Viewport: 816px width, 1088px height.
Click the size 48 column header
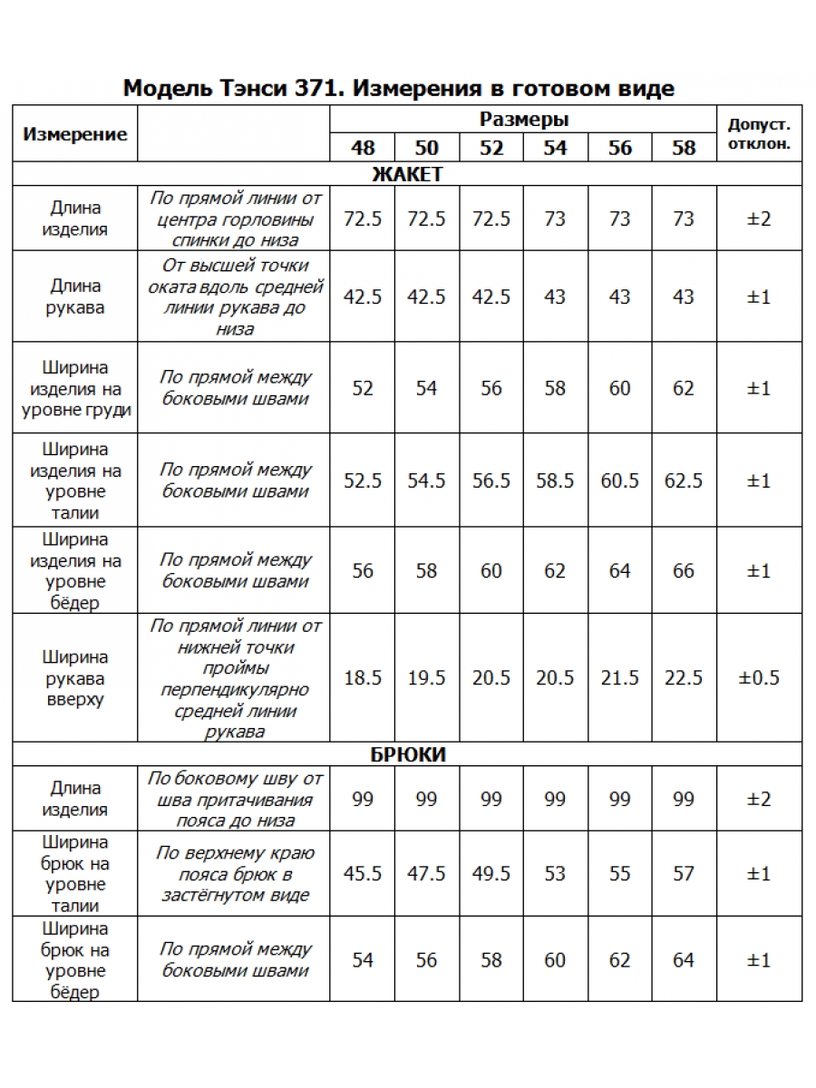[363, 148]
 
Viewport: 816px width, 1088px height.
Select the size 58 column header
[684, 148]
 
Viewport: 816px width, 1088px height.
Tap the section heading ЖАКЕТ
[407, 174]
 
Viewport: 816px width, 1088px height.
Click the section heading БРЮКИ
[407, 754]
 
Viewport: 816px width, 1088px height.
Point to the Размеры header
[524, 120]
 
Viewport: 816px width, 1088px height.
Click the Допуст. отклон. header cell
[759, 133]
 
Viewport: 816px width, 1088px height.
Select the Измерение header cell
[75, 134]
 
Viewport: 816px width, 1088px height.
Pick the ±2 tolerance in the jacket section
[759, 219]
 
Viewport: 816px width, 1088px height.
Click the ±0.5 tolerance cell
[759, 678]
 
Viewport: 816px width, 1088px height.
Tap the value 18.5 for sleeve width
[363, 678]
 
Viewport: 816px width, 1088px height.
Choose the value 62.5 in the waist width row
[684, 481]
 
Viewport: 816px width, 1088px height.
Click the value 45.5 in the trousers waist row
[363, 874]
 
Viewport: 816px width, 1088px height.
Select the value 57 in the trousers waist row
[684, 874]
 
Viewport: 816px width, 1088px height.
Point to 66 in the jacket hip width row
[684, 571]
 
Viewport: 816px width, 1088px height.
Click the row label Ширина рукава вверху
[75, 678]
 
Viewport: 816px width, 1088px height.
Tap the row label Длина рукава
[75, 296]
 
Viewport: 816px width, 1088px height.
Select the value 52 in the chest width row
[363, 388]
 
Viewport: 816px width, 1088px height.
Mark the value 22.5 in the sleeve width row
[684, 678]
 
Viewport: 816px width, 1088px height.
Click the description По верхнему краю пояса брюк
[235, 874]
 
